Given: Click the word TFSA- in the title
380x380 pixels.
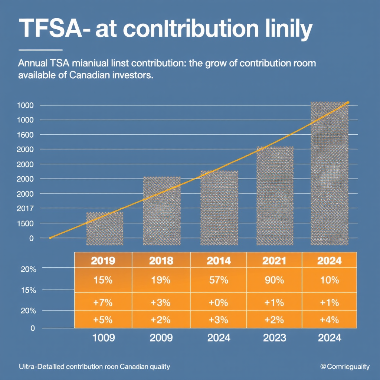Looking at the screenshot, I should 50,29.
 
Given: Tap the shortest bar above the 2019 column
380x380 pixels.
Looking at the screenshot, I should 105,229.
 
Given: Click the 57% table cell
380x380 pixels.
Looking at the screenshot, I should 218,280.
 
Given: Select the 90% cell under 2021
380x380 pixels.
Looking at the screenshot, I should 275,280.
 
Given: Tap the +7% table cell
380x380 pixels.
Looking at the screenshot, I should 103,302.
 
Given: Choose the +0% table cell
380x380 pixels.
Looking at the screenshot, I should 218,302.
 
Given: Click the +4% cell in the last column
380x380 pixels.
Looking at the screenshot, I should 329,320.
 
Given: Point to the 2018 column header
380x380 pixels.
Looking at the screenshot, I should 161,261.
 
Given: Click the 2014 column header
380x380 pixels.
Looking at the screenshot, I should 218,261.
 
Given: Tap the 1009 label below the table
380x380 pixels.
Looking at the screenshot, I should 103,338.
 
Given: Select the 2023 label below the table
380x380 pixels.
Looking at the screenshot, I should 275,338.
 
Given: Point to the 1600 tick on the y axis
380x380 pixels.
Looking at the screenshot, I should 26,135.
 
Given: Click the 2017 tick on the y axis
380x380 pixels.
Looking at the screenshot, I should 26,209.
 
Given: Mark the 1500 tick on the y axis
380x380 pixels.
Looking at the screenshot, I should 26,223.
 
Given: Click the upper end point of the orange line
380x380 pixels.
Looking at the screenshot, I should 348,102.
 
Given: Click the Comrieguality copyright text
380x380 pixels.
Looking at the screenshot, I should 345,367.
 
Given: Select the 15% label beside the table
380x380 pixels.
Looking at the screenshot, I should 28,290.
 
